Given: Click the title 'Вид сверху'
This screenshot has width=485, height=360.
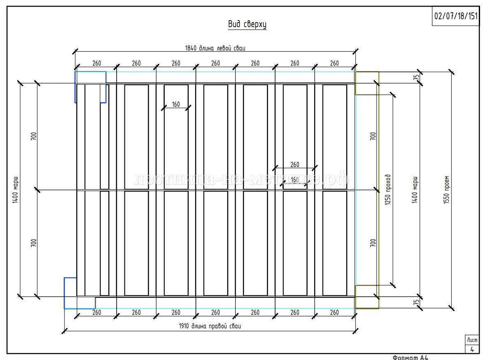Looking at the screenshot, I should [247, 25].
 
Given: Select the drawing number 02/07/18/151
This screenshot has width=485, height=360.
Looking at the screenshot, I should [456, 16].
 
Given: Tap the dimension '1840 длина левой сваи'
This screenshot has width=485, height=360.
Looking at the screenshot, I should [215, 48].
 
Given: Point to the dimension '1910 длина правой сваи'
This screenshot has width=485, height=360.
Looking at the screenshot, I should [210, 326].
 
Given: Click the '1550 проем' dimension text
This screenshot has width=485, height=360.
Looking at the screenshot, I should [447, 190].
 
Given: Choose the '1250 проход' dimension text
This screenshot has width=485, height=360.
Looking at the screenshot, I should [388, 190].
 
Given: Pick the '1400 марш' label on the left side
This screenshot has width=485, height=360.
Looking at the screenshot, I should [15, 190].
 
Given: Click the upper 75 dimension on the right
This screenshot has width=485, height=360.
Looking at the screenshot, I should [416, 77].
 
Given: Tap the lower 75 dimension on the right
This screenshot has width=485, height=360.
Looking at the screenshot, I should [416, 303].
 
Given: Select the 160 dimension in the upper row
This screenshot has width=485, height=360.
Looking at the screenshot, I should [176, 105].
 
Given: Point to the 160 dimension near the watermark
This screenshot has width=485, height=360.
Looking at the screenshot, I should [295, 180].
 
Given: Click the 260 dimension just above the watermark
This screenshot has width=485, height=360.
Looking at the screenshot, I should [295, 165].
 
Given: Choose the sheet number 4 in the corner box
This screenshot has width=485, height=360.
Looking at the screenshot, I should [472, 349].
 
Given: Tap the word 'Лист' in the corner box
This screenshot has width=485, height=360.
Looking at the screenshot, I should [472, 340].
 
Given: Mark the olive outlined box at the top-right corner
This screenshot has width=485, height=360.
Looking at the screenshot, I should [367, 83].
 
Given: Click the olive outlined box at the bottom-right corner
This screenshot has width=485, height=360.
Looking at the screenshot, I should [367, 297].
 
